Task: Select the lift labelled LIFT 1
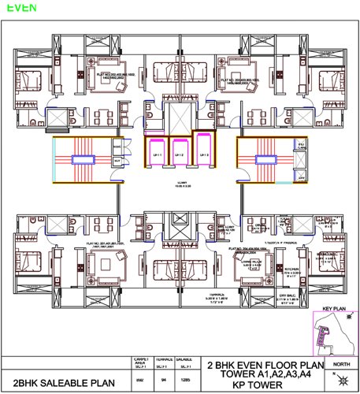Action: [156, 154]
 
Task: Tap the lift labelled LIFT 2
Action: [180, 154]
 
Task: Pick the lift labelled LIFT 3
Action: [202, 154]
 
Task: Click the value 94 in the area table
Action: [163, 379]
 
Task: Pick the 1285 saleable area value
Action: [185, 379]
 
